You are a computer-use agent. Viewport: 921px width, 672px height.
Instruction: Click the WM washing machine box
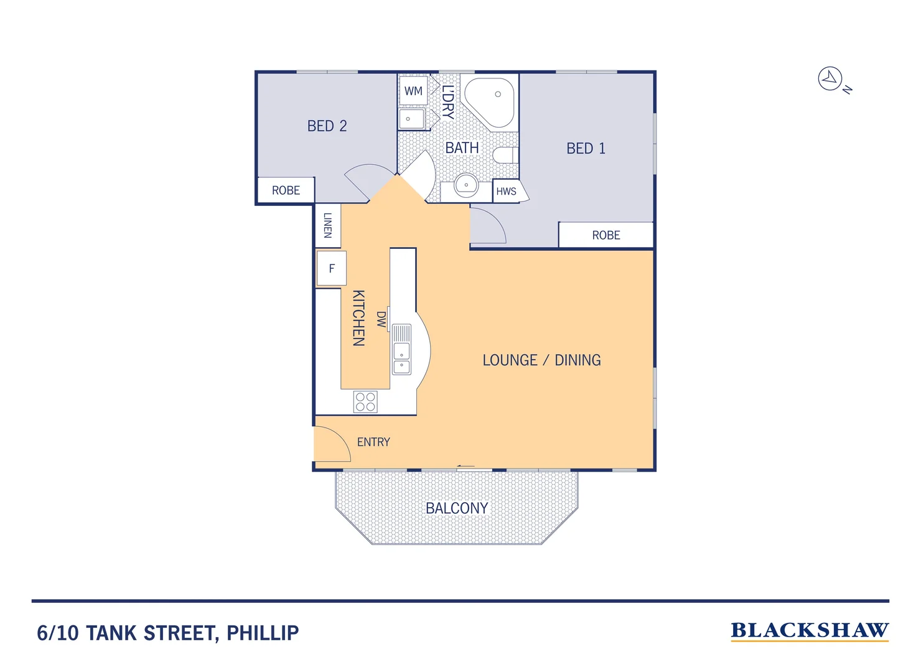click(x=413, y=91)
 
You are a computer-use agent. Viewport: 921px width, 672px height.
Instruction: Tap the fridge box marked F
click(x=331, y=268)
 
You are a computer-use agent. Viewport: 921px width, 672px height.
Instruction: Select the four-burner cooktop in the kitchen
click(x=365, y=402)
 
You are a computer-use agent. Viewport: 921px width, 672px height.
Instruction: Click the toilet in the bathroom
click(x=505, y=156)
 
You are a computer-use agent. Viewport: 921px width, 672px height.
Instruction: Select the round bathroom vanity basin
click(x=465, y=185)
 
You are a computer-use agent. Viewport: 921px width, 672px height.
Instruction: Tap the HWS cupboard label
click(x=506, y=191)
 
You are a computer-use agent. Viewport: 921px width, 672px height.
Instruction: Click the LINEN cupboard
click(x=327, y=225)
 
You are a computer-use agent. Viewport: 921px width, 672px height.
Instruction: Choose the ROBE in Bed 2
click(x=286, y=190)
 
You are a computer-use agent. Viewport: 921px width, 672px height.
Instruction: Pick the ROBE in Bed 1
click(x=605, y=235)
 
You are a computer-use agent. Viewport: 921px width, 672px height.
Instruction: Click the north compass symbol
click(x=830, y=79)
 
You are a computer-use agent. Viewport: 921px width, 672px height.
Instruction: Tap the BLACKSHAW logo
click(x=809, y=631)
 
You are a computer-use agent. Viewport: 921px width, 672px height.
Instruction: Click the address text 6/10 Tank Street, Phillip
click(x=168, y=633)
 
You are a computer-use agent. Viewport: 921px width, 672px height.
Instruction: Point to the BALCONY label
click(x=457, y=508)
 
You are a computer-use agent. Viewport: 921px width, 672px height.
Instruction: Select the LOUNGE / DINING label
click(x=541, y=360)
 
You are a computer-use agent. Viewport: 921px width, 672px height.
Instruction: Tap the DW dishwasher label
click(x=381, y=319)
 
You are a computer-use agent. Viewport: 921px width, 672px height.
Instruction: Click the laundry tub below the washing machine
click(x=411, y=119)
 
